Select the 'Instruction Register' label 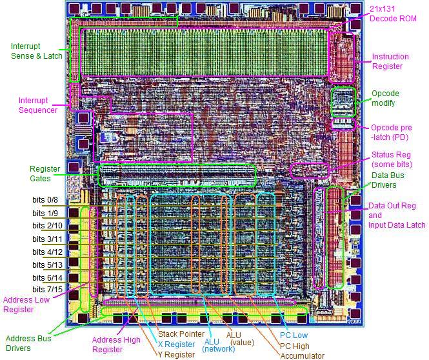pos(390,61)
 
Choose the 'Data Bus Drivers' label pos(389,179)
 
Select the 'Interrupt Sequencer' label pos(38,105)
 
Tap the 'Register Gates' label pos(44,174)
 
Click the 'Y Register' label pos(177,354)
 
